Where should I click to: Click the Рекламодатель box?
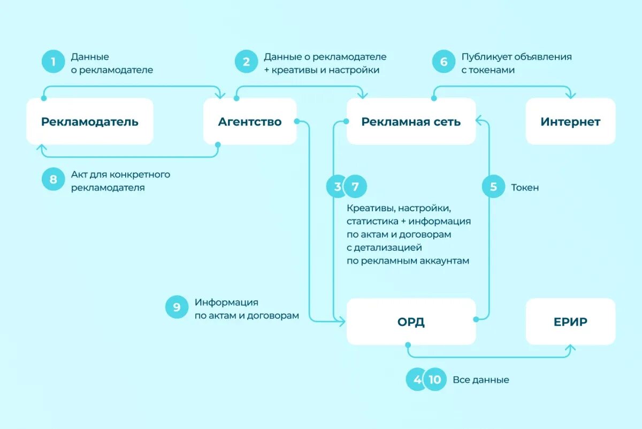point(90,121)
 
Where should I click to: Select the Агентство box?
point(250,121)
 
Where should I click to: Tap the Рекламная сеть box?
point(411,121)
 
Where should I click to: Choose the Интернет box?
point(570,121)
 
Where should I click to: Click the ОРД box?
point(411,321)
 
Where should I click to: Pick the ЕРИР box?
point(570,321)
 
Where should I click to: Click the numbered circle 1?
point(53,62)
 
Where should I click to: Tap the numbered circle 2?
point(246,62)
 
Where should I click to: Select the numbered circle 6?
point(444,62)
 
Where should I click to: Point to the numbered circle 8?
point(53,180)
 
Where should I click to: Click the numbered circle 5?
point(493,187)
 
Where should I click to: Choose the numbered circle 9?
point(177,308)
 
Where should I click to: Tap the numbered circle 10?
point(435,380)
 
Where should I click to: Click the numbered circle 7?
point(356,187)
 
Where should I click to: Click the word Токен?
point(525,188)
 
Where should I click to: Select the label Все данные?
point(481,380)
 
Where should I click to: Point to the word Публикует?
point(484,57)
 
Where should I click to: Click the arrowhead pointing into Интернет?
point(570,95)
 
